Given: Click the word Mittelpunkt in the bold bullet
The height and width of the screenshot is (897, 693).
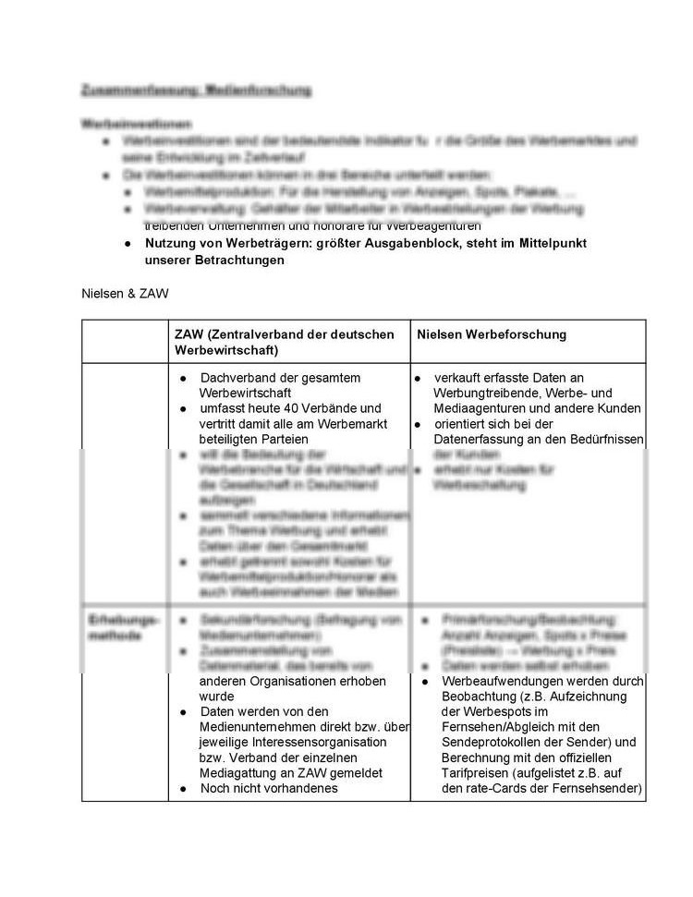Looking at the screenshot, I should pos(551,243).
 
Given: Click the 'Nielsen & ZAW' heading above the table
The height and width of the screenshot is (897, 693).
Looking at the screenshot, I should pos(125,294).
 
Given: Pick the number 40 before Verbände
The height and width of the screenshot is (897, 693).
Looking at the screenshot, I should pos(282,407).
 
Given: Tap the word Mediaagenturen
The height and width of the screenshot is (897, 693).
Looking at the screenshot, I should pos(480,407).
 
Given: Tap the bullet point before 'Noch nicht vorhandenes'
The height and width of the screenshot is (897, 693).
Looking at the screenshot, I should pos(185,788).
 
